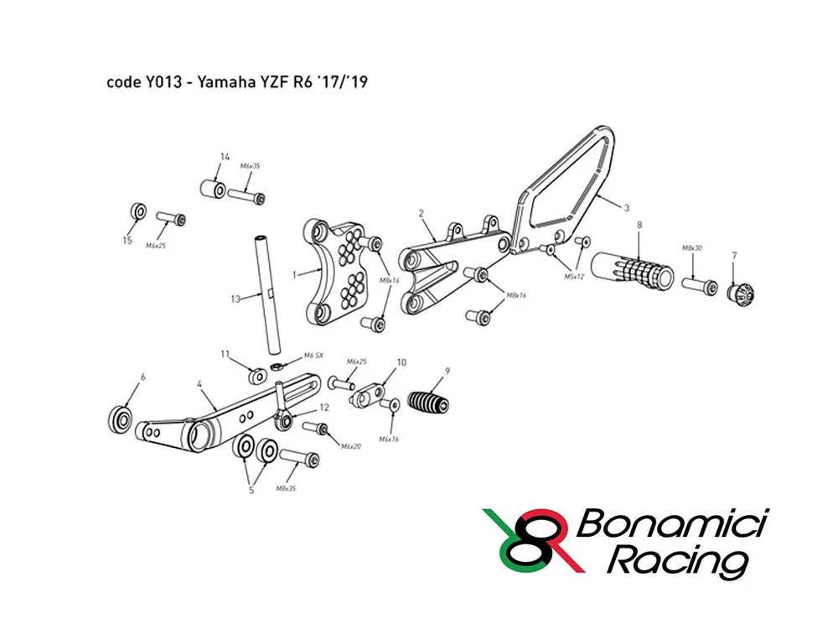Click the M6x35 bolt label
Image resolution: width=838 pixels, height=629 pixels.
(x=250, y=166)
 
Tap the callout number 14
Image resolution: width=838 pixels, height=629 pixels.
(x=225, y=157)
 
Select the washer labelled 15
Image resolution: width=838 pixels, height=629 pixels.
(x=138, y=211)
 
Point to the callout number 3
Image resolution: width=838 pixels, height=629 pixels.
(x=627, y=207)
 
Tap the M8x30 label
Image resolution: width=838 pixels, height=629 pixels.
(x=692, y=248)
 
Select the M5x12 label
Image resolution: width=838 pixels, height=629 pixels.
(x=575, y=277)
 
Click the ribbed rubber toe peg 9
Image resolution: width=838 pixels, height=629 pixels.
(x=428, y=403)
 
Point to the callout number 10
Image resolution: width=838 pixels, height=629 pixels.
(x=401, y=362)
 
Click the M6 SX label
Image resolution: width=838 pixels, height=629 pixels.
(x=313, y=356)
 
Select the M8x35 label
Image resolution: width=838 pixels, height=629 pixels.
(x=286, y=488)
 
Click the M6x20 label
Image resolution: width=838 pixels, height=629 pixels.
(x=351, y=446)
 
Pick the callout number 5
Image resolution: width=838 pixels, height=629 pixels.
(x=251, y=490)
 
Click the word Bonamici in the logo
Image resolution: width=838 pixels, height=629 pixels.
(x=672, y=523)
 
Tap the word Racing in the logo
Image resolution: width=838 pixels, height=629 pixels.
(x=677, y=563)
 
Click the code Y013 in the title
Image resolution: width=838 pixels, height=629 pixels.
(x=144, y=82)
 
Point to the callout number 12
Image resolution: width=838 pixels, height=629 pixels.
(x=323, y=408)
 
